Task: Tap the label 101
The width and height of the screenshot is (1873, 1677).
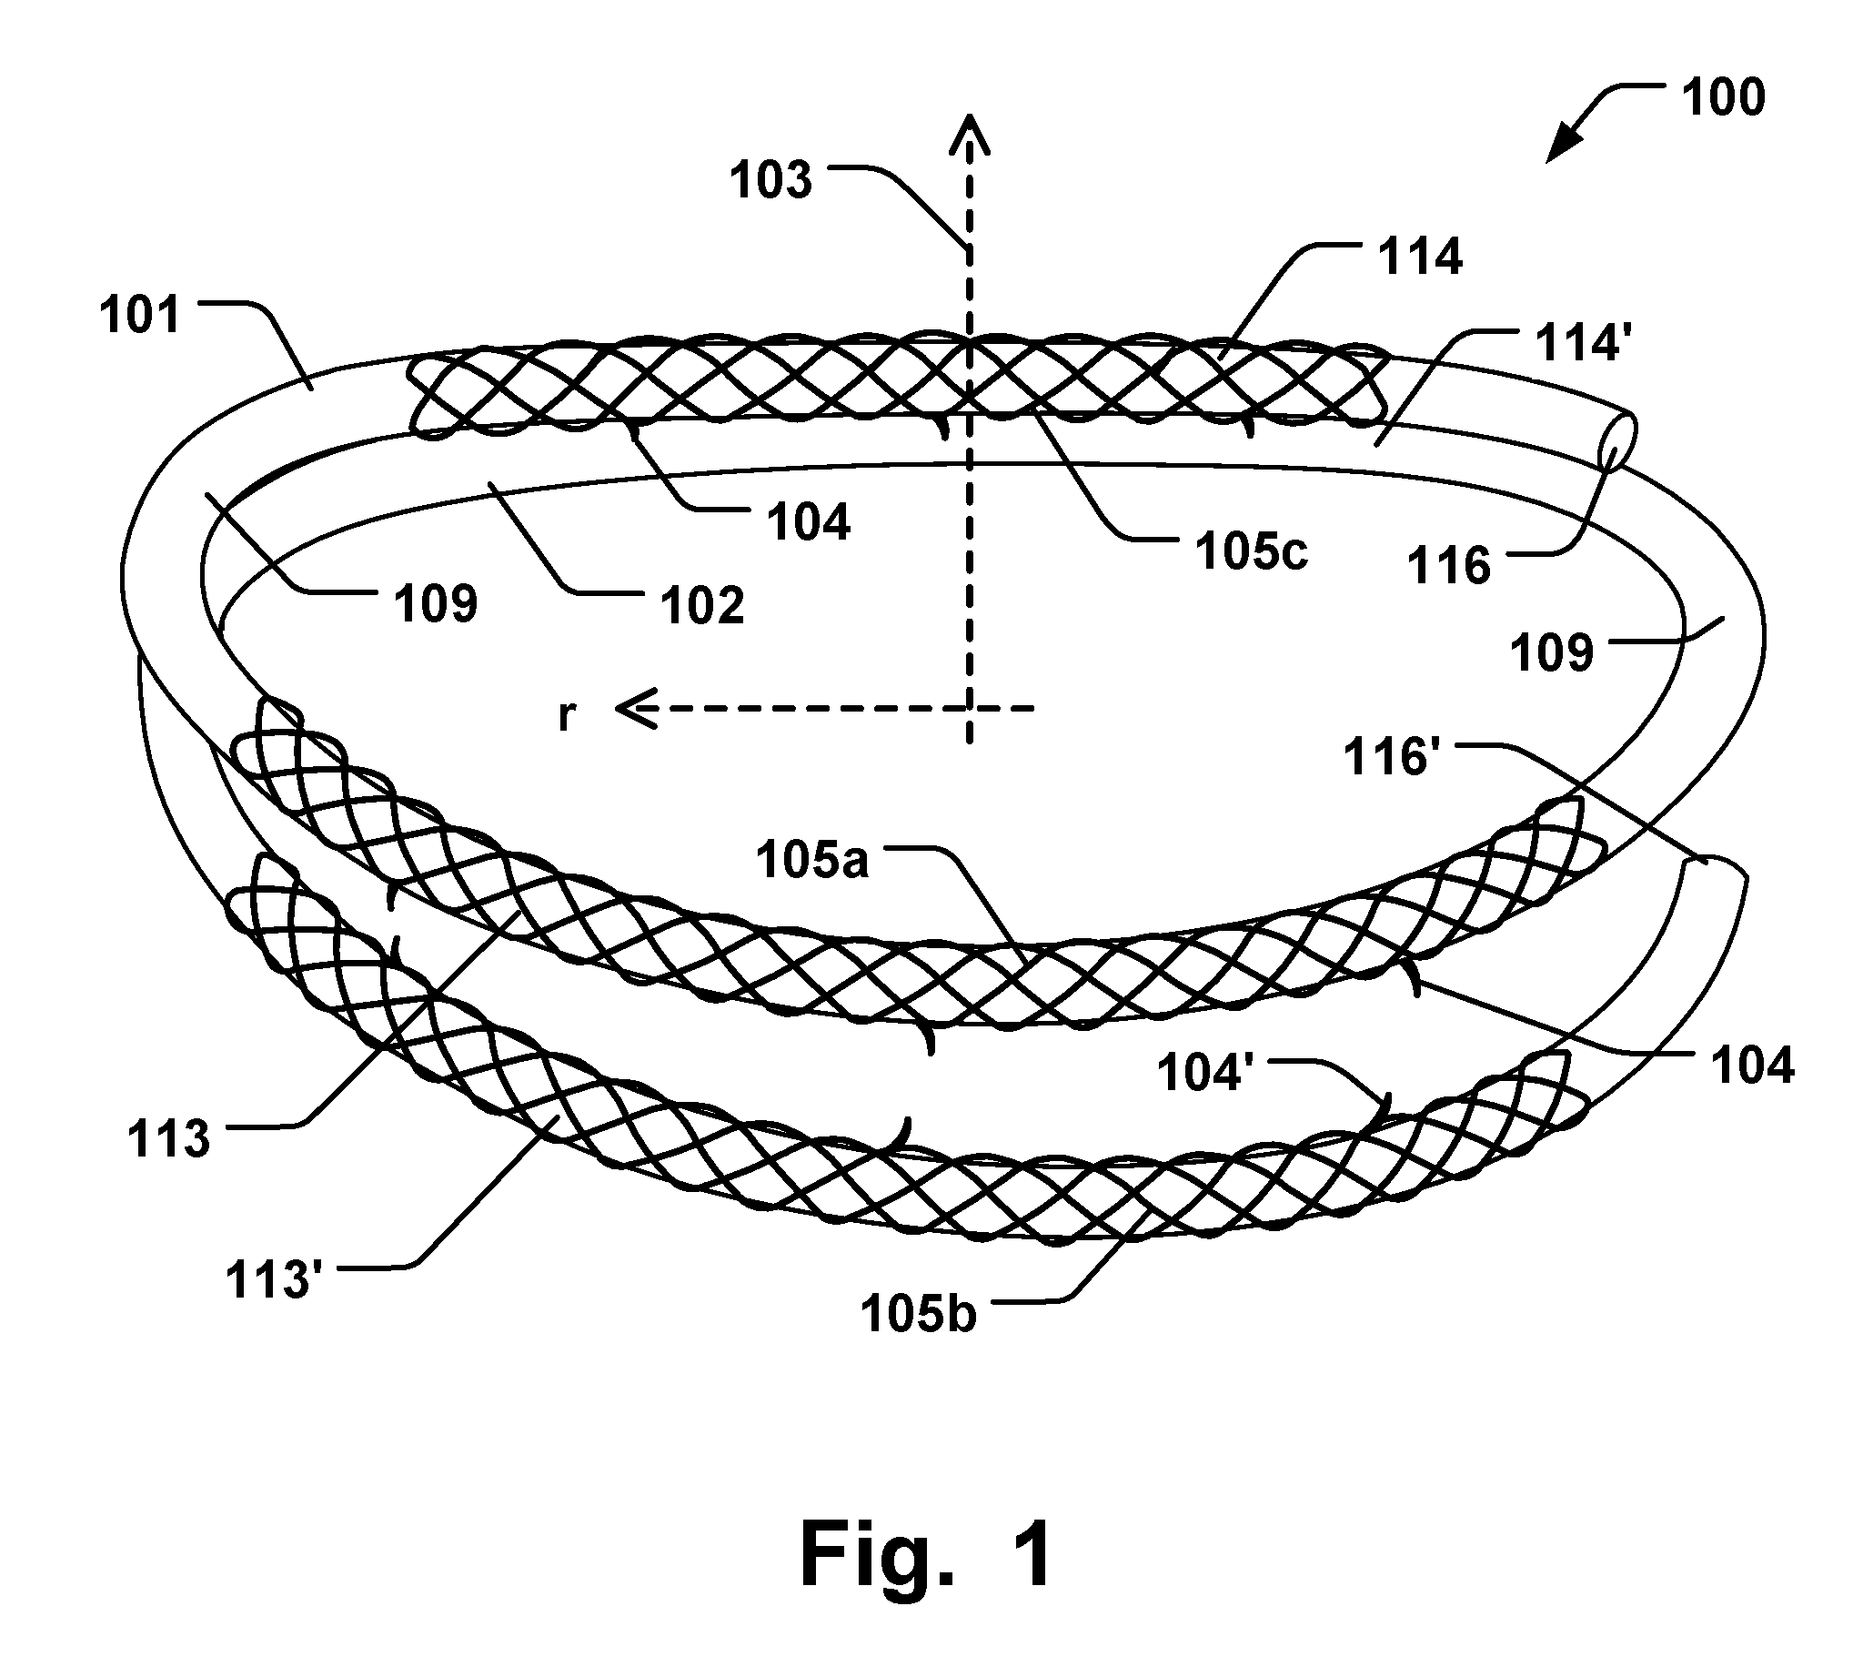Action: [x=141, y=315]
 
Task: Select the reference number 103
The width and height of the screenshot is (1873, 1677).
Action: [x=771, y=179]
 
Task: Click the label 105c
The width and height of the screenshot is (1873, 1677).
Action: [x=1251, y=552]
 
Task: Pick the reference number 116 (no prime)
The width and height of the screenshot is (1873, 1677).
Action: [x=1449, y=565]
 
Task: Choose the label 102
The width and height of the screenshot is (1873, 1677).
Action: [x=703, y=605]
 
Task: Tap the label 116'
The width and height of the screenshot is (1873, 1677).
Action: [x=1392, y=756]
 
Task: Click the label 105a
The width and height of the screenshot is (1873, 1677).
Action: [x=812, y=861]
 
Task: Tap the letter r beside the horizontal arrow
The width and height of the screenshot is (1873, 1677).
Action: [x=568, y=714]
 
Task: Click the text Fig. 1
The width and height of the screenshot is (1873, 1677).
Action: [x=926, y=1555]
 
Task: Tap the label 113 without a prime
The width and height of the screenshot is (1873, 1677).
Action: [x=168, y=1139]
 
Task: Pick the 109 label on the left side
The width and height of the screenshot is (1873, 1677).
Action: [x=436, y=604]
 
